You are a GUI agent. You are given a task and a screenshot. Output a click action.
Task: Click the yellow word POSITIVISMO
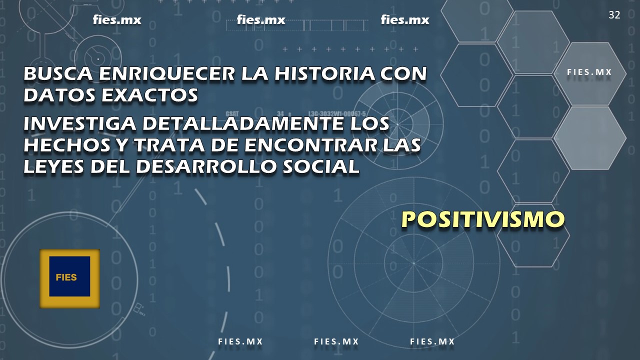pyautogui.click(x=483, y=219)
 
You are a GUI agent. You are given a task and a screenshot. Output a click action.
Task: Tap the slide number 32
pyautogui.click(x=614, y=15)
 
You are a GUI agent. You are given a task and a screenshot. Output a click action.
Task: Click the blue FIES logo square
pyautogui.click(x=69, y=276)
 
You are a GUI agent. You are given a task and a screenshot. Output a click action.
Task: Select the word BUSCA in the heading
pyautogui.click(x=58, y=73)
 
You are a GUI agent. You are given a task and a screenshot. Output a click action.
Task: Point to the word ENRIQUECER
pyautogui.click(x=167, y=73)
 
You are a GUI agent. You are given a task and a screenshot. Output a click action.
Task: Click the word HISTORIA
pyautogui.click(x=324, y=73)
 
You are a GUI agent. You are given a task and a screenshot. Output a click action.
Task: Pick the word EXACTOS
pyautogui.click(x=149, y=95)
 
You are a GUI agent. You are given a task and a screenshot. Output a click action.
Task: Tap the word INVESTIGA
pyautogui.click(x=79, y=123)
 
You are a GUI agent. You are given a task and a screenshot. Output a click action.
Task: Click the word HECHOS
pyautogui.click(x=67, y=145)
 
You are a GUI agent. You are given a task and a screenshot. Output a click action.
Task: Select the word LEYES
pyautogui.click(x=53, y=166)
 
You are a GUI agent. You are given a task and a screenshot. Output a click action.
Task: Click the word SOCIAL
pyautogui.click(x=320, y=166)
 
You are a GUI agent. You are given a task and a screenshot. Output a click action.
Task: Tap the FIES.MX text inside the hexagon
pyautogui.click(x=589, y=72)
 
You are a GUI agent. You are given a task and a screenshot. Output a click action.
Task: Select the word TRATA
pyautogui.click(x=169, y=145)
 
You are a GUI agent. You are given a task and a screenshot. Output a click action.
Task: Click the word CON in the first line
pyautogui.click(x=403, y=73)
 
